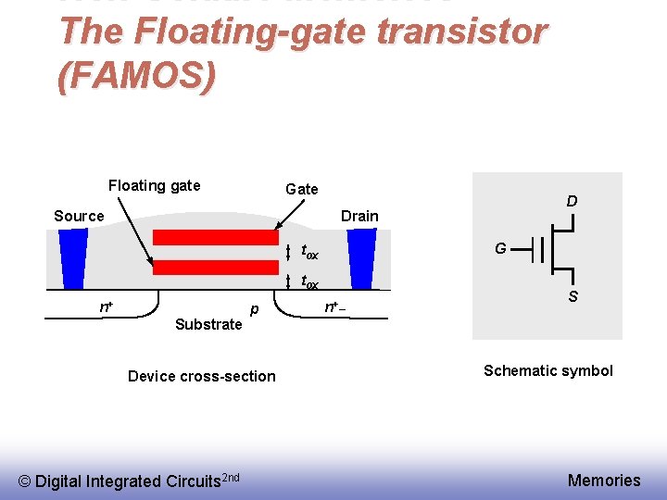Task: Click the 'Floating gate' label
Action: pyautogui.click(x=154, y=185)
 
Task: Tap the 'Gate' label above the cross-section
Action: pyautogui.click(x=301, y=189)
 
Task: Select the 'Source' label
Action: pyautogui.click(x=79, y=216)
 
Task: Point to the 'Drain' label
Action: pyautogui.click(x=359, y=216)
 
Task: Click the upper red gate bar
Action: pyautogui.click(x=215, y=237)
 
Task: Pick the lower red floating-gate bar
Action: pyautogui.click(x=215, y=267)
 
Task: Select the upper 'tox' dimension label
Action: pyautogui.click(x=310, y=253)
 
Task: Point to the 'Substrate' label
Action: pyautogui.click(x=208, y=324)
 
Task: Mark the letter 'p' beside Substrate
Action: pyautogui.click(x=253, y=307)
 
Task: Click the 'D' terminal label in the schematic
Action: pyautogui.click(x=573, y=201)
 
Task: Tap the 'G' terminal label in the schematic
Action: pyautogui.click(x=500, y=248)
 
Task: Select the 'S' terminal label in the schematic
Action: pyautogui.click(x=573, y=297)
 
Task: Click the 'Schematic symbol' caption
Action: pyautogui.click(x=547, y=370)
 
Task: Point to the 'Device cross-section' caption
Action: pyautogui.click(x=201, y=376)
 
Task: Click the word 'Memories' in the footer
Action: pyautogui.click(x=603, y=480)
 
